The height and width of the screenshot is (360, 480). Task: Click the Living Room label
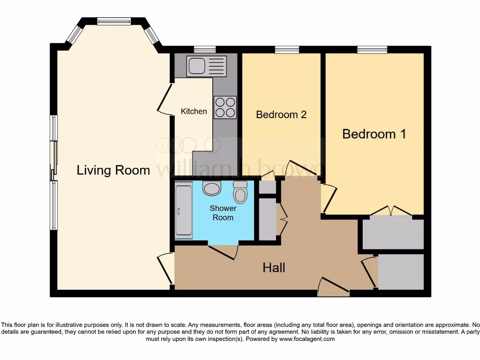113,170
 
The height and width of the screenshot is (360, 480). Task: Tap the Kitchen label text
194,112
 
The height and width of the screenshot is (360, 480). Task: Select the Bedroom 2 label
281,114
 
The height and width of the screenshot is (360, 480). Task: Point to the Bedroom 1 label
374,134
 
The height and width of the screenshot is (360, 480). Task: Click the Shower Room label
223,213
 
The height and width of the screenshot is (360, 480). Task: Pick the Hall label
274,268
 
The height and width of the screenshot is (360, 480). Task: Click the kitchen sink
206,66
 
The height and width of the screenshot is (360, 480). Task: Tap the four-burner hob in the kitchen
225,107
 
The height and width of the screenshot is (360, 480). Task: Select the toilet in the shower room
240,192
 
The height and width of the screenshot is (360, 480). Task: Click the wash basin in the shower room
212,188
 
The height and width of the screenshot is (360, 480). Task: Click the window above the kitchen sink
205,49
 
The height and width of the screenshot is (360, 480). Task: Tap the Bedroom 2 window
287,49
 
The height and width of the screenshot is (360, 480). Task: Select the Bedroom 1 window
372,49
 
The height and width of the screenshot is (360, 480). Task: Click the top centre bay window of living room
114,21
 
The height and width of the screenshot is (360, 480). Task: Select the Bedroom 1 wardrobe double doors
390,211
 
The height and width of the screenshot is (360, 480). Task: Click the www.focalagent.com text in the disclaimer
307,339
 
